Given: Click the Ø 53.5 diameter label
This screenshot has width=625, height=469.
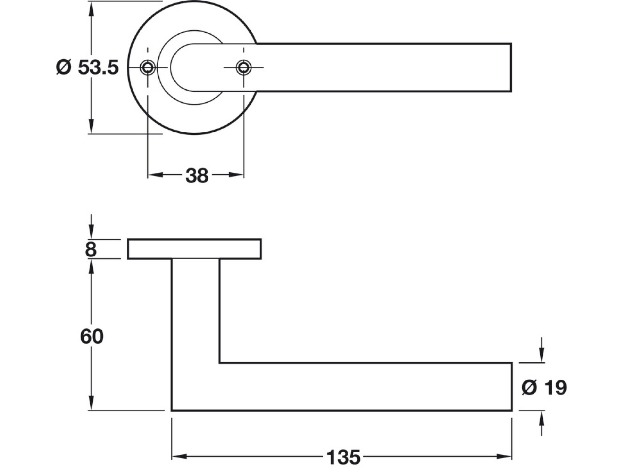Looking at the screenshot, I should coord(87,67).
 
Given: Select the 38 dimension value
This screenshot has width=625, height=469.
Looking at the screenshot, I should coord(197,175).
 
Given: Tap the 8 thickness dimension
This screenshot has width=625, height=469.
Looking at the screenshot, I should coord(91,249).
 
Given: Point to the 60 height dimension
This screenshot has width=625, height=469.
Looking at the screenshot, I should coord(92,336).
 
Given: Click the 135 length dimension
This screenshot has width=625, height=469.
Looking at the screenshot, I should coord(343,457).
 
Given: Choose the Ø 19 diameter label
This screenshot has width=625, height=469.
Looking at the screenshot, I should coord(544,387).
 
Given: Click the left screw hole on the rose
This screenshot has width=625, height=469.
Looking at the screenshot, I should coord(148,67).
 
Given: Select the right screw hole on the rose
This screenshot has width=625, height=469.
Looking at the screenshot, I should coord(243,67).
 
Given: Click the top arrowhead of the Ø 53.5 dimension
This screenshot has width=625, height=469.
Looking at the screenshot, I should coord(91,8).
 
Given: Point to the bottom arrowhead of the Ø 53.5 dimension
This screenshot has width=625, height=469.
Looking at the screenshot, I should coord(91,126).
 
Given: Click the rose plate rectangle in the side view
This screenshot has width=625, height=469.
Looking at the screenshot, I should coord(194,249).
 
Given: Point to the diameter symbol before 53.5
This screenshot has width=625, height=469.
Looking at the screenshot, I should coord(64,67).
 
